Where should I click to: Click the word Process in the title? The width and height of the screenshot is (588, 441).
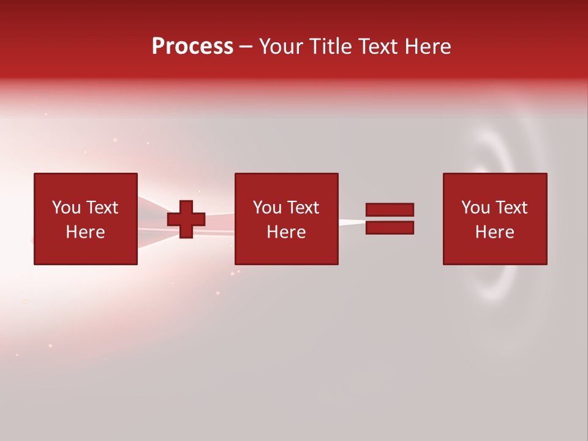tap(192, 47)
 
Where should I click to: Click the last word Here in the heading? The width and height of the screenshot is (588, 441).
tap(428, 47)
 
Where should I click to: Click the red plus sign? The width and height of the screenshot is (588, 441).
tap(186, 219)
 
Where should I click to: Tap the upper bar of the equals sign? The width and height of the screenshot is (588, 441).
tap(390, 209)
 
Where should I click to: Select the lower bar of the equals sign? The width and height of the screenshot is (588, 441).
tap(390, 228)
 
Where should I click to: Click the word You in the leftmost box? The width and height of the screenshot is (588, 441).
tap(66, 208)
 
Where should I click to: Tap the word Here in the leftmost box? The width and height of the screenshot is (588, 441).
tap(85, 232)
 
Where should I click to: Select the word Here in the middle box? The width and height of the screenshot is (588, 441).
tap(286, 232)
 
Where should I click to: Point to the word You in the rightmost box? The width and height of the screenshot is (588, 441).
tap(475, 208)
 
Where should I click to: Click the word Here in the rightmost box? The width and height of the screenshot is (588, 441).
tap(494, 232)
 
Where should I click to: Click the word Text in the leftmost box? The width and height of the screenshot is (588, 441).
tap(102, 208)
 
